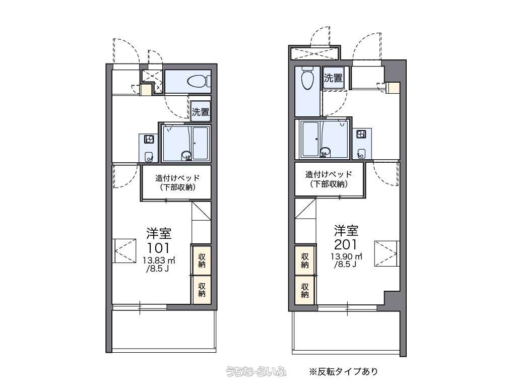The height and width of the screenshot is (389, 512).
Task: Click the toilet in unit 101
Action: click(199, 81)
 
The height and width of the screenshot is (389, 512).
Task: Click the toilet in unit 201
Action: click(307, 78)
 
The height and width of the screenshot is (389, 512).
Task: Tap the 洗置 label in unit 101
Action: click(201, 112)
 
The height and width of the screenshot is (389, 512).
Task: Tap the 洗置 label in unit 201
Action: click(333, 78)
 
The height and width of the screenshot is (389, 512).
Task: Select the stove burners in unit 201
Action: click(361, 134)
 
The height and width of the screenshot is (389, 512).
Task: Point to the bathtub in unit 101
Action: click(200, 144)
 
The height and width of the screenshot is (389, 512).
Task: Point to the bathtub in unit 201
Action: click(310, 139)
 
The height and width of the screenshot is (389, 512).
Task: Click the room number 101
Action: click(158, 248)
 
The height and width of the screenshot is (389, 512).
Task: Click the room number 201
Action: click(346, 244)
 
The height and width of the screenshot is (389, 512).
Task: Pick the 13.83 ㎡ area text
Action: click(159, 261)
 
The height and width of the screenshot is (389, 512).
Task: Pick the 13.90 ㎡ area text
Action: click(346, 256)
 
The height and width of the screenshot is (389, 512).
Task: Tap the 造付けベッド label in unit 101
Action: click(177, 178)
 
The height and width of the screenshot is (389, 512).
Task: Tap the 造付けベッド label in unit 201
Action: click(329, 174)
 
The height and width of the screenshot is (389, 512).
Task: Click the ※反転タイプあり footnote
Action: click(344, 371)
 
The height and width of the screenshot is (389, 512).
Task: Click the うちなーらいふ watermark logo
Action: click(257, 371)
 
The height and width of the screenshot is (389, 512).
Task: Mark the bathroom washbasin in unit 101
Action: click(186, 156)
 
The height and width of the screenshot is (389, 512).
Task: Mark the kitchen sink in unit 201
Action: click(361, 153)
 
